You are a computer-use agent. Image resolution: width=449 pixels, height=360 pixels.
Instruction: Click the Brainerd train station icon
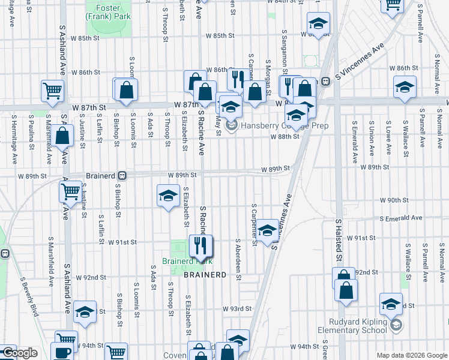click(x=122, y=176)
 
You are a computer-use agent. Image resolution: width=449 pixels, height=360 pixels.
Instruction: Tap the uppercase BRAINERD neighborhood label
click(x=205, y=274)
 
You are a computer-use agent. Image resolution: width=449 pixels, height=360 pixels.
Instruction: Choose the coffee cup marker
click(x=63, y=352)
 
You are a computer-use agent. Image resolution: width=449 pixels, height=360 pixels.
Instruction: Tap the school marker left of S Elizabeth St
click(x=169, y=196)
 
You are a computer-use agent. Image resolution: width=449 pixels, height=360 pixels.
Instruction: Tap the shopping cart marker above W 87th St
click(x=52, y=91)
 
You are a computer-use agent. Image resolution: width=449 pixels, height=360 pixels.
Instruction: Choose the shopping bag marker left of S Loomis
click(x=127, y=91)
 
